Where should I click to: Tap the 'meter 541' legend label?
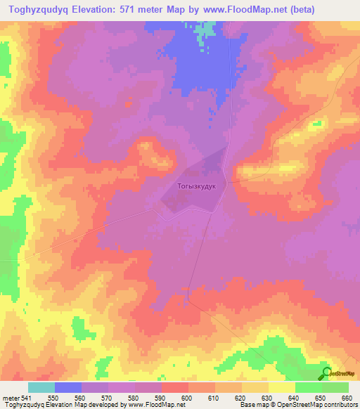click(15, 398)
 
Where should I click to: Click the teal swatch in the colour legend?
click(41, 387)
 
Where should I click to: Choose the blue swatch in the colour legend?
click(67, 387)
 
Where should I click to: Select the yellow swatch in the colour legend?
click(281, 387)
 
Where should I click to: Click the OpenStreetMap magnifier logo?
click(327, 372)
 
